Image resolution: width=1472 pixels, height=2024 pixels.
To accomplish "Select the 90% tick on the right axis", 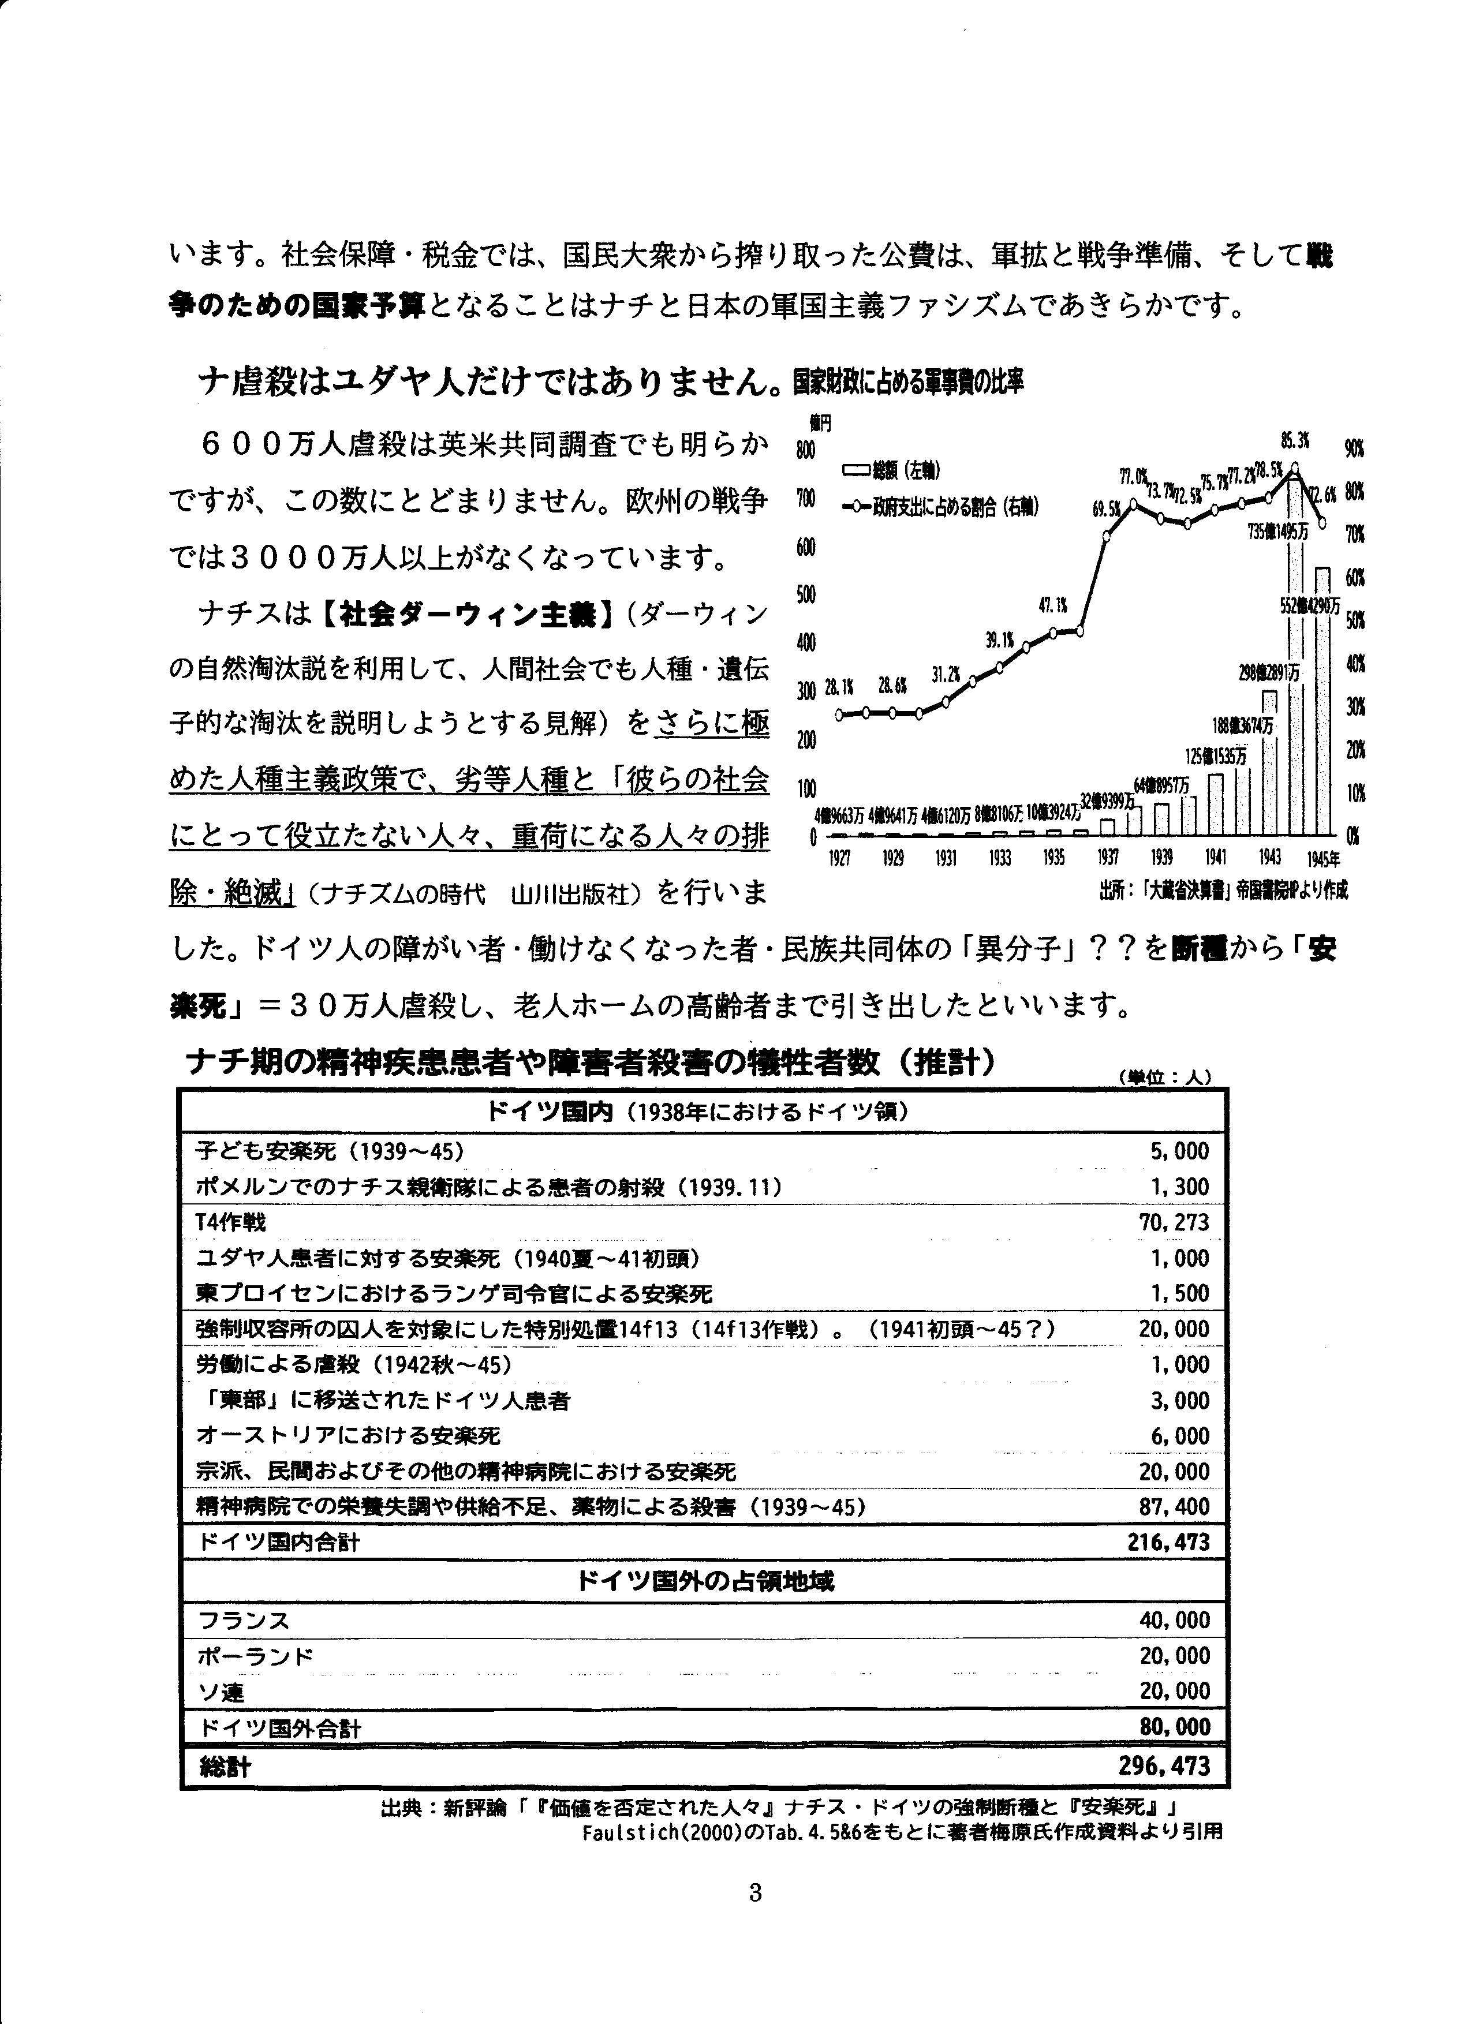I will pyautogui.click(x=1355, y=449).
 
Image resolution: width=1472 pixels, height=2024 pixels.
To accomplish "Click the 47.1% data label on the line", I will pyautogui.click(x=1053, y=605).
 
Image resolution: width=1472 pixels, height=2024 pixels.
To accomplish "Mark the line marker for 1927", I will pyautogui.click(x=839, y=714).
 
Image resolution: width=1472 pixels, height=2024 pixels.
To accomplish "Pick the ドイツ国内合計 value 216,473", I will pyautogui.click(x=1168, y=1543).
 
